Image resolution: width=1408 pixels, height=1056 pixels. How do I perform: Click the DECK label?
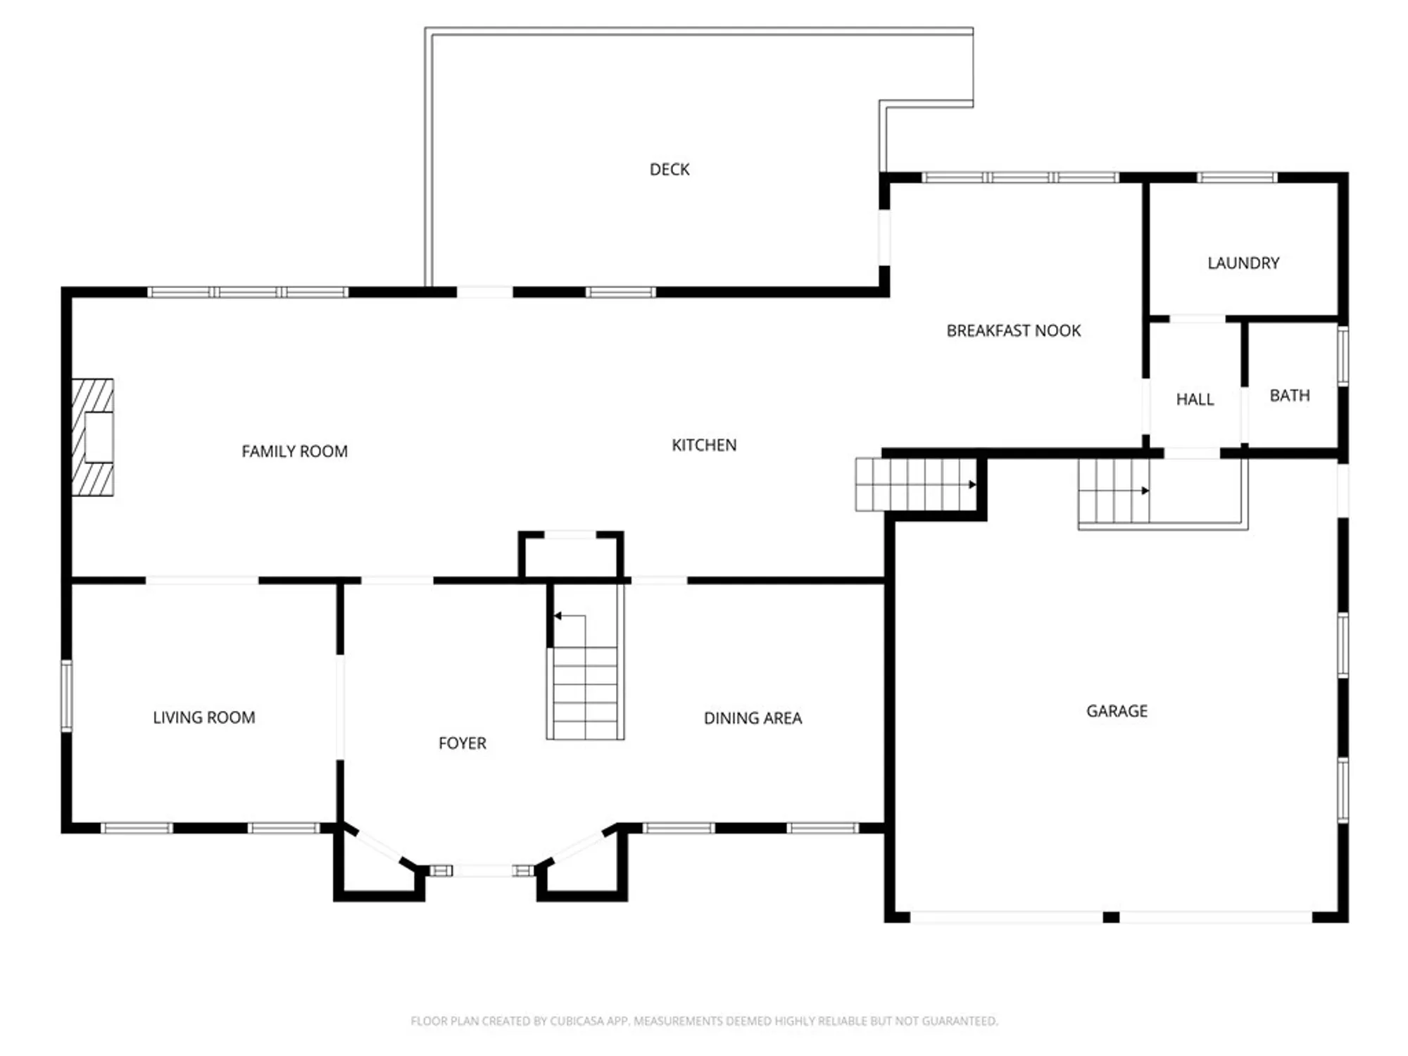(669, 170)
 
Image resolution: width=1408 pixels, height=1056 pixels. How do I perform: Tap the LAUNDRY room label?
(1243, 263)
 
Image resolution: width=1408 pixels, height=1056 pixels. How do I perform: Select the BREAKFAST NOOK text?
(1013, 331)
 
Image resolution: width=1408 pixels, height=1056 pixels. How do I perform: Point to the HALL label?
(1195, 400)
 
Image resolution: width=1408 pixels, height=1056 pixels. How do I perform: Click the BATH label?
(1289, 396)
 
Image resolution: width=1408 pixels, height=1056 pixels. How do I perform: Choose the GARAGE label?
(1117, 711)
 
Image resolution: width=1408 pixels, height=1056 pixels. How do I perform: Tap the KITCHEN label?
(703, 445)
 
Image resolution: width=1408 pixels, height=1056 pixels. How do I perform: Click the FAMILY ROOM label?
(294, 451)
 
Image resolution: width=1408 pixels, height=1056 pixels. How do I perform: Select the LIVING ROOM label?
(203, 717)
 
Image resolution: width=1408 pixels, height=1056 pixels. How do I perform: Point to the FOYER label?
(462, 743)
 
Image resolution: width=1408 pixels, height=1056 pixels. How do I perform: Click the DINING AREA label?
(753, 718)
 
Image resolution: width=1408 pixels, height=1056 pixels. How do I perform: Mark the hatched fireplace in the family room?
(93, 437)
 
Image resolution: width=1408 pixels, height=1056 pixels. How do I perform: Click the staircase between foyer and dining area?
(585, 690)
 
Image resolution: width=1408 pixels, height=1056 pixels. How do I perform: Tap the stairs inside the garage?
(1114, 491)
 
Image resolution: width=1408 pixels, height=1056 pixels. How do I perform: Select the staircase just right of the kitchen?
(915, 484)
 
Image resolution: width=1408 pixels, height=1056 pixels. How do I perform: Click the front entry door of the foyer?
(482, 871)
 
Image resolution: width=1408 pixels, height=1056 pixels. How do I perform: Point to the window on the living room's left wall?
(66, 695)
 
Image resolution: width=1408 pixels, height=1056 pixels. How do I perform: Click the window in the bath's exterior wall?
(1343, 356)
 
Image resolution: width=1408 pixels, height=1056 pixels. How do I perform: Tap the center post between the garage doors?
(1111, 917)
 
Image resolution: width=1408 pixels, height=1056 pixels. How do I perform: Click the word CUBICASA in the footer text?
(579, 1021)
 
